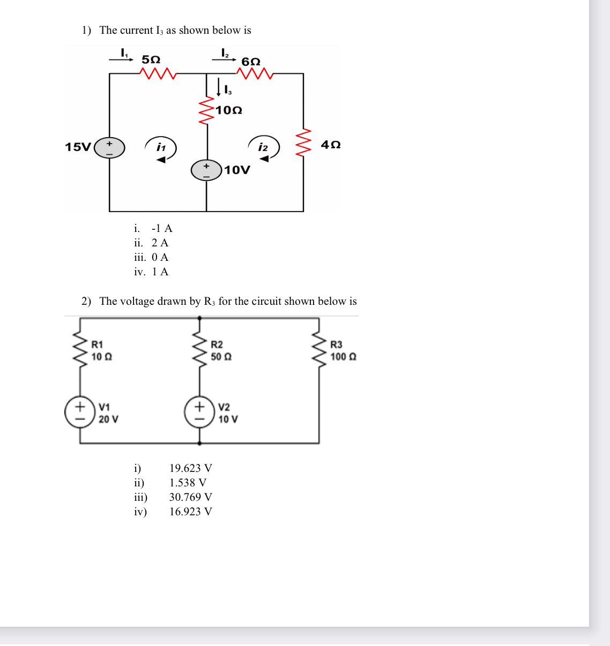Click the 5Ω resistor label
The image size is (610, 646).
click(151, 59)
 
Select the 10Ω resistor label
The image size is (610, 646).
click(229, 110)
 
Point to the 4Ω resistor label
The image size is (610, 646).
click(331, 145)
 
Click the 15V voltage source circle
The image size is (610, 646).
click(109, 147)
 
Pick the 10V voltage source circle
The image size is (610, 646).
click(206, 170)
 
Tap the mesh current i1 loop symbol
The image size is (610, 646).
click(161, 148)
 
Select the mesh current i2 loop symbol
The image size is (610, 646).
click(263, 148)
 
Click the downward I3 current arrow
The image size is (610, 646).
click(219, 87)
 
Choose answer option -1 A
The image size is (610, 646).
click(161, 229)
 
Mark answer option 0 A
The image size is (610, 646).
click(160, 258)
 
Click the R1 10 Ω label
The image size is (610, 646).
click(101, 351)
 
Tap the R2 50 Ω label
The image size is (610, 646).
click(221, 351)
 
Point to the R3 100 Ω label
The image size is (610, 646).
click(343, 351)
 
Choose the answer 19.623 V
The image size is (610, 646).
click(190, 469)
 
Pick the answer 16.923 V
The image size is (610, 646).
click(190, 512)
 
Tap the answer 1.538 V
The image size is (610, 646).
click(188, 483)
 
